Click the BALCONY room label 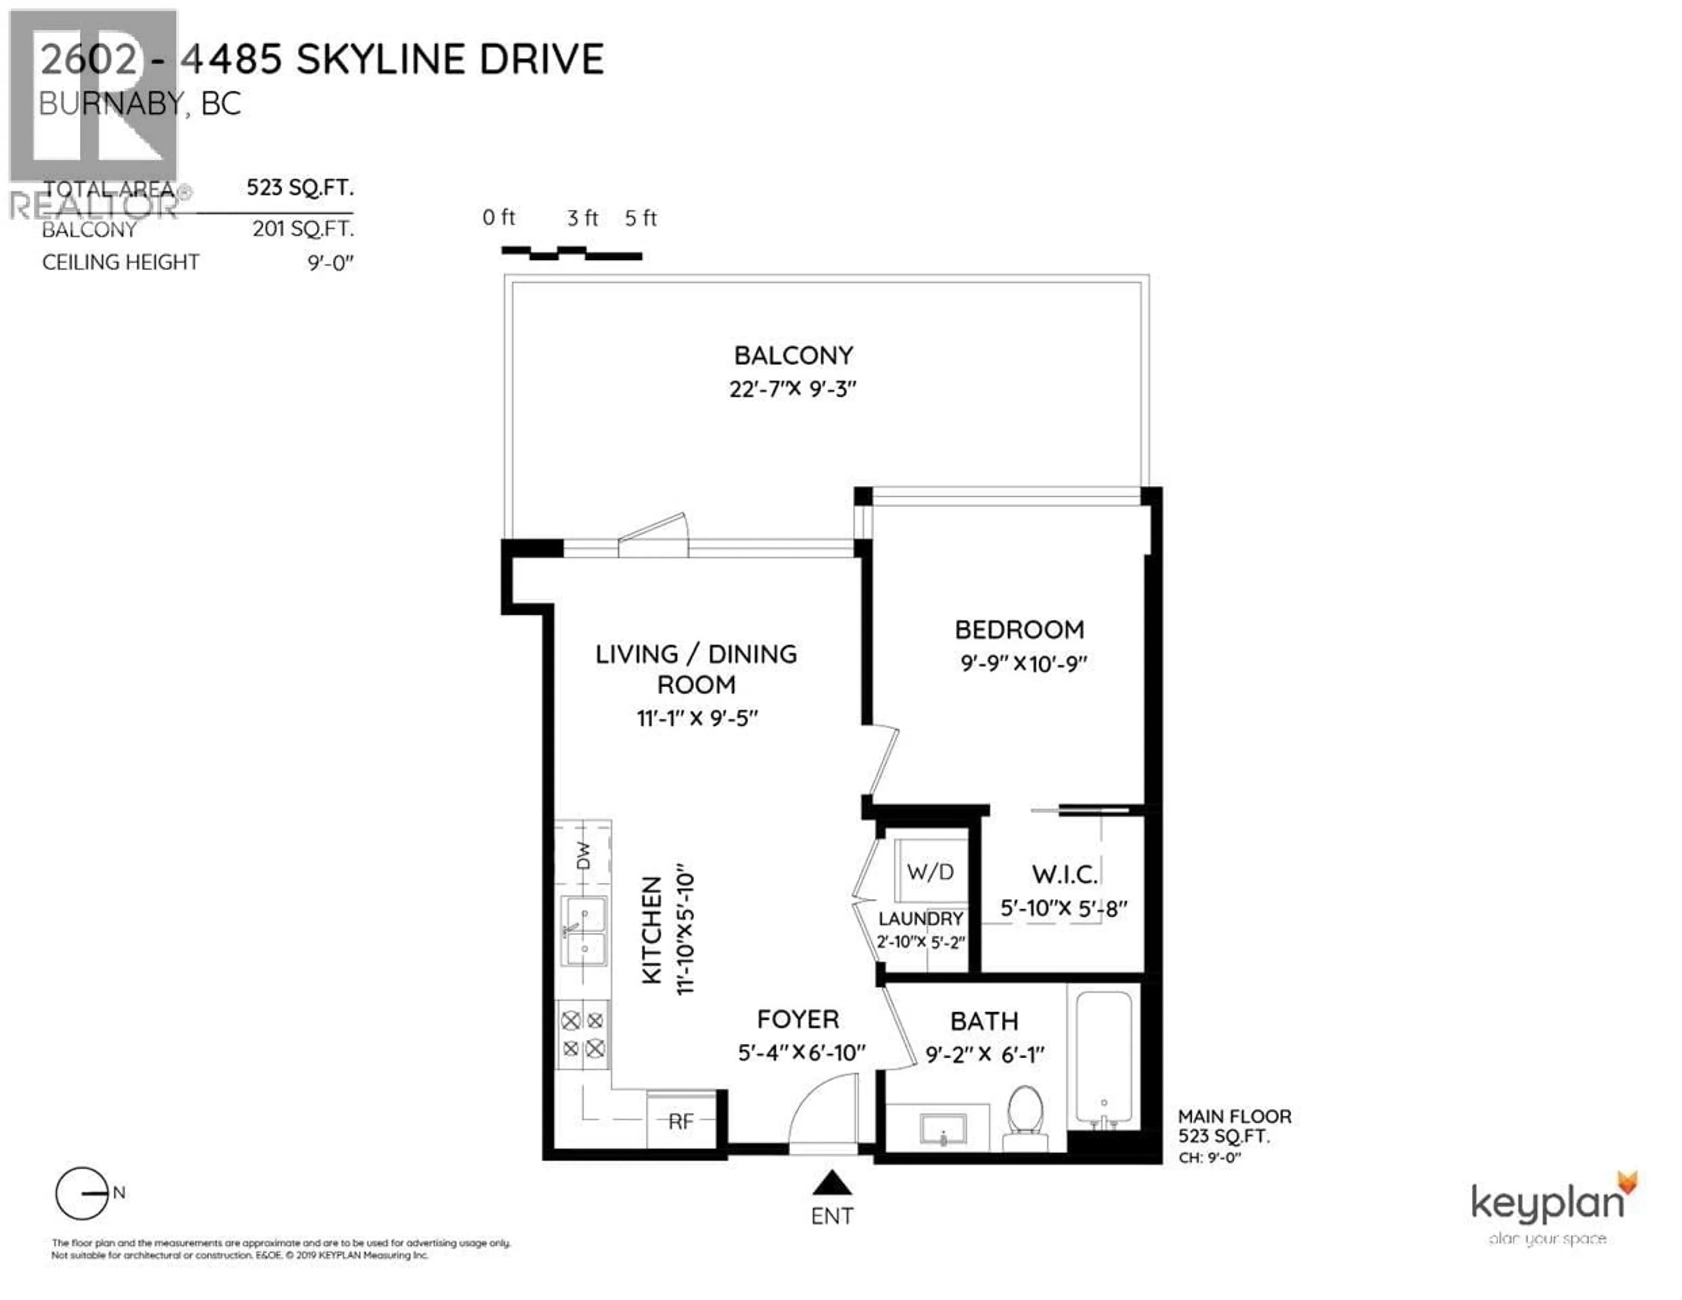tap(793, 356)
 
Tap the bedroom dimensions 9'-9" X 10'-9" tap(1023, 663)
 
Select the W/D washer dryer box tap(930, 872)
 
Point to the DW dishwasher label tap(584, 855)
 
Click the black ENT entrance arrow tap(832, 1183)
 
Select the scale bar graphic tap(572, 253)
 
